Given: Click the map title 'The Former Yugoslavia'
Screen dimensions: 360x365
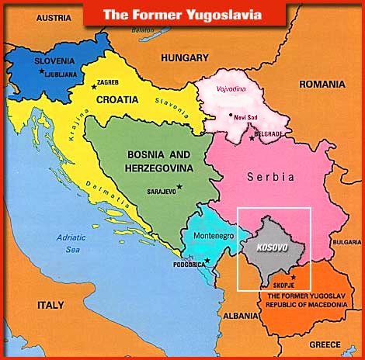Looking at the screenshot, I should coord(182,13).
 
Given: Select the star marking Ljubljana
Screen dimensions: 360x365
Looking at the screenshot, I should coord(41,71).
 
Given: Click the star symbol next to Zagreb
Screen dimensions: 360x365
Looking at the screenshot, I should coord(94,85).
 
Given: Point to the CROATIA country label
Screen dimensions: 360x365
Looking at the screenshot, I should coord(117,99).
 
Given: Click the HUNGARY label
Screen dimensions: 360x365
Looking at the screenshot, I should coord(184,57).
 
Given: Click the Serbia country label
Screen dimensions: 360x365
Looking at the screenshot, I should coord(271,177).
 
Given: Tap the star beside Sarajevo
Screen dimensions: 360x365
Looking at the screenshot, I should coord(179,186).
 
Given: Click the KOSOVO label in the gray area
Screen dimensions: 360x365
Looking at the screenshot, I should coord(266,247).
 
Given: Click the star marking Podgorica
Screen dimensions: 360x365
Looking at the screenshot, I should coord(207,260).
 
